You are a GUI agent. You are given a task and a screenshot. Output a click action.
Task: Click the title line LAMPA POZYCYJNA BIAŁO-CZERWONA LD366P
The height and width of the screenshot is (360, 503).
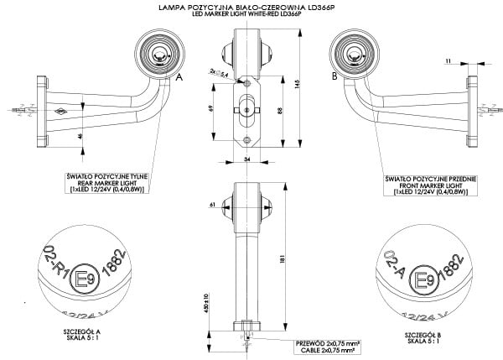[x=251, y=7]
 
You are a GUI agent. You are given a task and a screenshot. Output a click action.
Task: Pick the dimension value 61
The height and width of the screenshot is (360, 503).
[x=214, y=203]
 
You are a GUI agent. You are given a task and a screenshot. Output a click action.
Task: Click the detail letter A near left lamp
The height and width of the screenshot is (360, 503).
[x=179, y=76]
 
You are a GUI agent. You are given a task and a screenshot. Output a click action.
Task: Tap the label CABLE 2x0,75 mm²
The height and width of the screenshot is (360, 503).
[x=328, y=348]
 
